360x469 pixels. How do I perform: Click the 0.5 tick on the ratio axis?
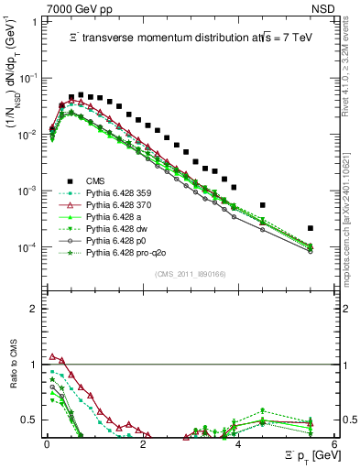click(x=31, y=420)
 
